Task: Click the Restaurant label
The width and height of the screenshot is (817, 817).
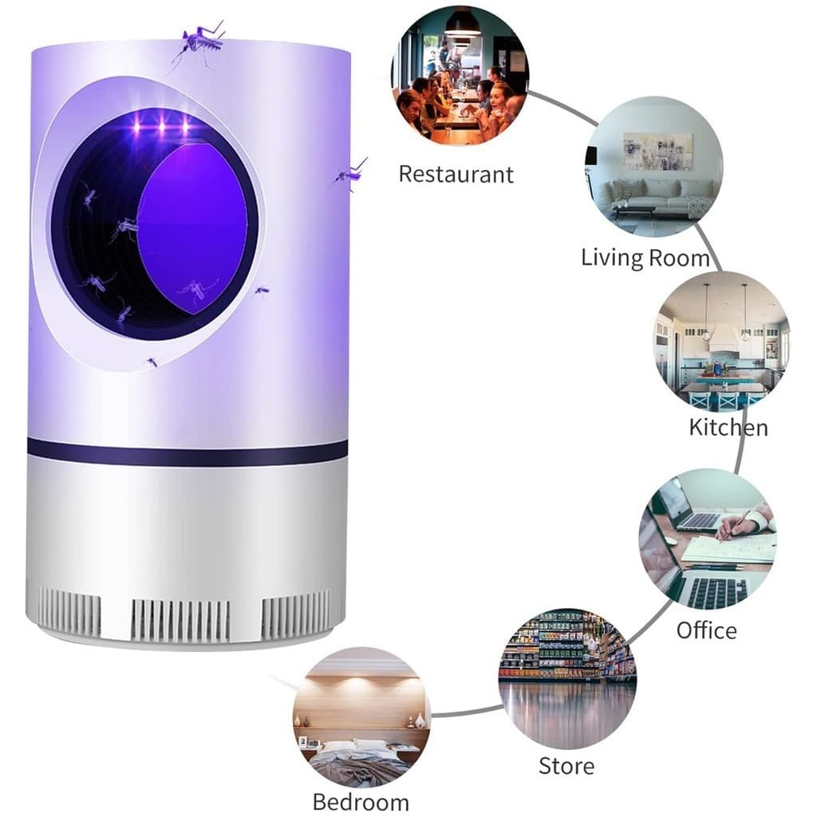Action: pos(456,174)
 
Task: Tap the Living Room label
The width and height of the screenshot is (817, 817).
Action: pos(645,258)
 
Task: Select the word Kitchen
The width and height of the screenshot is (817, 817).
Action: pos(728,428)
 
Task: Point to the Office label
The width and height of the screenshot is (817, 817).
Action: pos(707,630)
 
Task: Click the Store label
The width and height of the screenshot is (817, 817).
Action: pos(566,766)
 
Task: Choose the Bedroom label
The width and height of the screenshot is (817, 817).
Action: pos(361,802)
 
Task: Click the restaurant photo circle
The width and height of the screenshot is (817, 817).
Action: pos(460,76)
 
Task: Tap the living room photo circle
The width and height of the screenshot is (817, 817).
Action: pos(654,167)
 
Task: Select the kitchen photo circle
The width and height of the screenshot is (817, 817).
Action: pos(721,342)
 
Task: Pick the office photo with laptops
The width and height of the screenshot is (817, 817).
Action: pos(708,539)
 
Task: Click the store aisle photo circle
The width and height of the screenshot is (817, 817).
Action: pos(567,678)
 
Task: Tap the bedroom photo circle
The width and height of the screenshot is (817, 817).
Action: pos(361,717)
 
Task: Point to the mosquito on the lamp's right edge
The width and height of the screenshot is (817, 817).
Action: pos(350,172)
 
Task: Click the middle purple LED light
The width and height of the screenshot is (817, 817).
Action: pos(161,127)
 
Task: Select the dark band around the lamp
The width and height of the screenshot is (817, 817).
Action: pos(187,452)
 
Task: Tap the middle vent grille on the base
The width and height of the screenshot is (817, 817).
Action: pos(180,620)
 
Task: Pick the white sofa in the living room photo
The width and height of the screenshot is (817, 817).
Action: pos(655,195)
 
